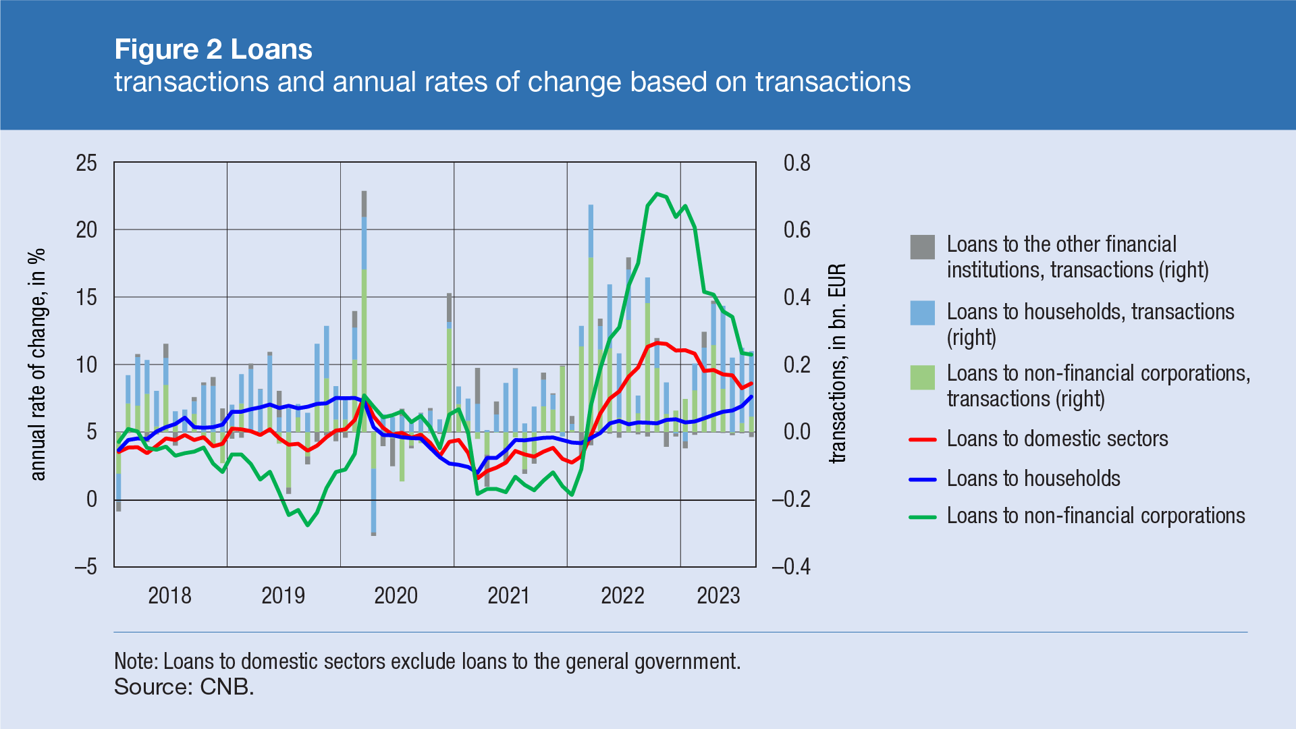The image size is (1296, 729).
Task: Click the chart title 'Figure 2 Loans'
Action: pyautogui.click(x=213, y=49)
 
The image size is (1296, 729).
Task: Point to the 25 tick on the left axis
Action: pyautogui.click(x=86, y=163)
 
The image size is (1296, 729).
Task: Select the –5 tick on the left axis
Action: pyautogui.click(x=85, y=566)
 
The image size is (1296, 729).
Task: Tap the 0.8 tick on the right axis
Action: pyautogui.click(x=796, y=163)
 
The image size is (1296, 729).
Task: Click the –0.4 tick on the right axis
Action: pyautogui.click(x=791, y=566)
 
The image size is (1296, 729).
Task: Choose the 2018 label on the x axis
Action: pyautogui.click(x=169, y=595)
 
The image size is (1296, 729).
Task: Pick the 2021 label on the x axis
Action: pyautogui.click(x=509, y=595)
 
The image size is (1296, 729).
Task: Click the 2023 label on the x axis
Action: pyautogui.click(x=718, y=595)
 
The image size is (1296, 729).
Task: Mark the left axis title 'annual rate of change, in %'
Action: pyautogui.click(x=38, y=364)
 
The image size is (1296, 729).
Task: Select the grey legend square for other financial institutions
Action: pyautogui.click(x=922, y=247)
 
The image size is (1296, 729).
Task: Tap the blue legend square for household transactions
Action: pyautogui.click(x=922, y=313)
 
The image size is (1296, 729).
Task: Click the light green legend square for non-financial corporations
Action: pyautogui.click(x=922, y=377)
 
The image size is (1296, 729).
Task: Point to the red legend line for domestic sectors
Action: pyautogui.click(x=922, y=439)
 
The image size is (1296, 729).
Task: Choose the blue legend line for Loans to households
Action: pyautogui.click(x=922, y=479)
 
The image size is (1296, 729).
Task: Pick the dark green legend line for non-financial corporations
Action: pyautogui.click(x=922, y=517)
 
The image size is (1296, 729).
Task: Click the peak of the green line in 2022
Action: pyautogui.click(x=657, y=194)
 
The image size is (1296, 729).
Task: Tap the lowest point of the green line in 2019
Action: pyautogui.click(x=308, y=524)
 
